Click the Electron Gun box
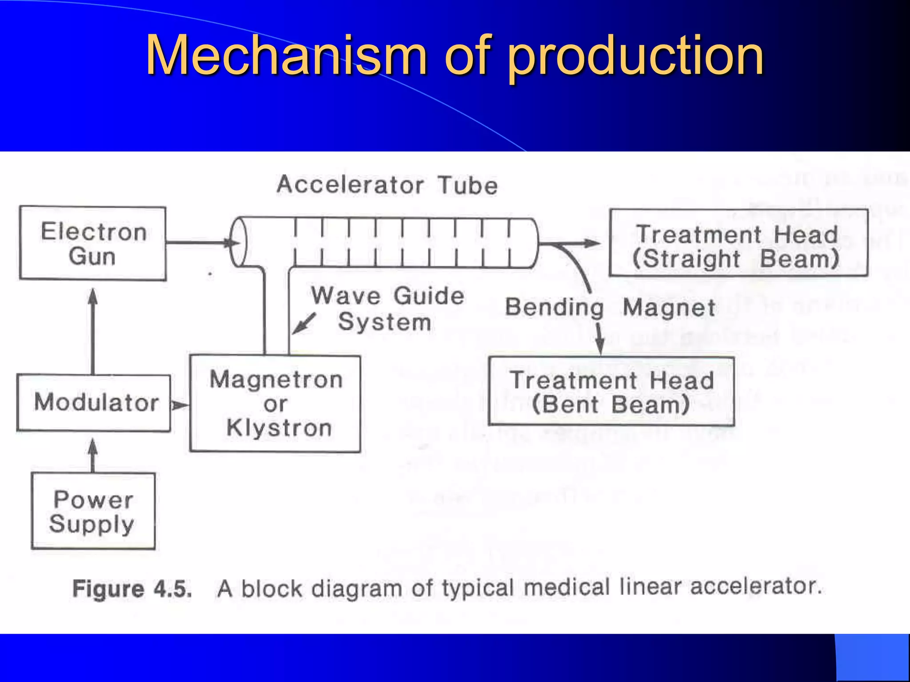[x=93, y=243]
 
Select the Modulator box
[x=94, y=403]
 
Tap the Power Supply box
[x=93, y=511]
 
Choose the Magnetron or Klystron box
[x=275, y=404]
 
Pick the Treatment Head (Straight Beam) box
[x=738, y=243]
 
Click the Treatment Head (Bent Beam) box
[x=611, y=392]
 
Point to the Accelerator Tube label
[x=387, y=185]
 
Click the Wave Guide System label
[x=387, y=309]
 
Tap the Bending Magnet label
[x=610, y=307]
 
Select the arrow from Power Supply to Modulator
[x=93, y=455]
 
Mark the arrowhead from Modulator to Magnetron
[x=180, y=405]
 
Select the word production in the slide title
[x=635, y=56]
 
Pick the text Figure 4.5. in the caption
[x=132, y=589]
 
